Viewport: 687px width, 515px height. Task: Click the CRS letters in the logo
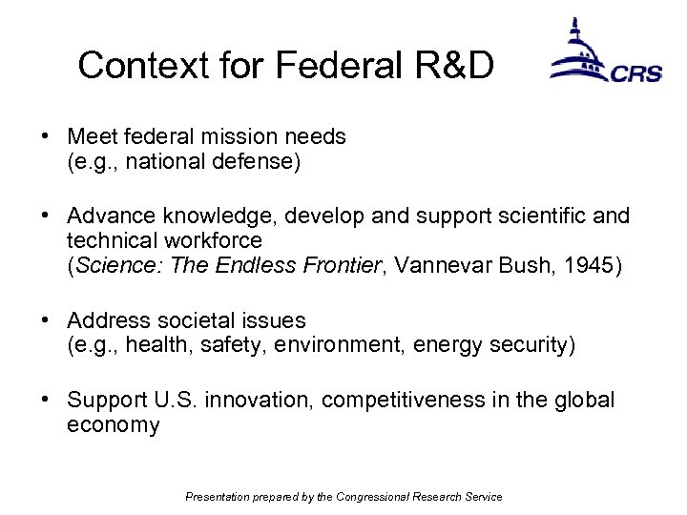point(636,72)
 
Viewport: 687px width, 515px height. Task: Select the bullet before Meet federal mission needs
point(46,137)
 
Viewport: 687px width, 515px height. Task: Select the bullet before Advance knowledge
point(46,216)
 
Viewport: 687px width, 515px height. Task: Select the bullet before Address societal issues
point(46,320)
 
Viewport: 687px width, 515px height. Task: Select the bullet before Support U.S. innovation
point(46,400)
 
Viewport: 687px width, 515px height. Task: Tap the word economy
point(113,425)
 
